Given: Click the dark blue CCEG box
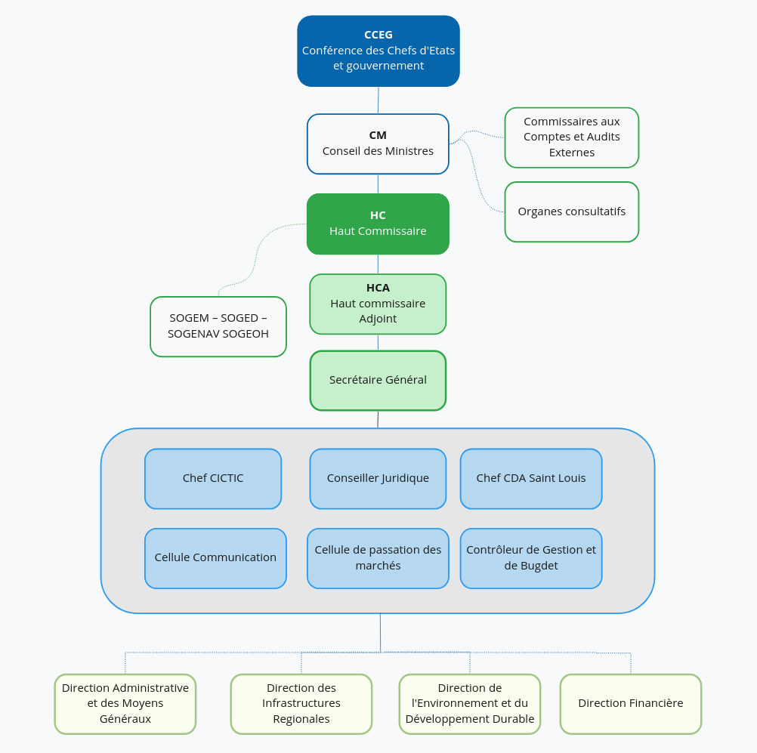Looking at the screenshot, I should [378, 51].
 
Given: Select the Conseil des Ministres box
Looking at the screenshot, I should [378, 144].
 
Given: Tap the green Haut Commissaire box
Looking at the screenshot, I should [378, 224].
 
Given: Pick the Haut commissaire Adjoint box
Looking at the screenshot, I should [378, 304].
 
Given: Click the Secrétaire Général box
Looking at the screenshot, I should [378, 380].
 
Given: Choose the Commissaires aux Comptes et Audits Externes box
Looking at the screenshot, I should [571, 137].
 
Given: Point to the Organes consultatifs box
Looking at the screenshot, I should [571, 211].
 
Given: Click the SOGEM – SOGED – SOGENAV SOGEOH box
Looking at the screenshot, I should [218, 326].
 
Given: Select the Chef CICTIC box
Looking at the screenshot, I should [213, 478].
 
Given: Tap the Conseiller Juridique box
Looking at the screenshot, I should [378, 478].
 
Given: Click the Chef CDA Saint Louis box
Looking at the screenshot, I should [530, 478].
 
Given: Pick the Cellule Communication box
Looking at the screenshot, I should [215, 558].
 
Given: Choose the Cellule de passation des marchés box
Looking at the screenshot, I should [378, 558].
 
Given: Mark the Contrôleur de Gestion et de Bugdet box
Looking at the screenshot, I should [530, 558].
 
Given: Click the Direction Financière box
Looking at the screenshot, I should [630, 703].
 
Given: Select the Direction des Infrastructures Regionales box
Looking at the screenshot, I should [301, 703].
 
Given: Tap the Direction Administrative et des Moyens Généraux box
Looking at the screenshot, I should [125, 703].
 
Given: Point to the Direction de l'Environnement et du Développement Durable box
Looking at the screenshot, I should [469, 703].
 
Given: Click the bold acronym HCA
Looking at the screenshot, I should [378, 288].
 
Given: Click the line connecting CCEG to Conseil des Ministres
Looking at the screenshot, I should [378, 100].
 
